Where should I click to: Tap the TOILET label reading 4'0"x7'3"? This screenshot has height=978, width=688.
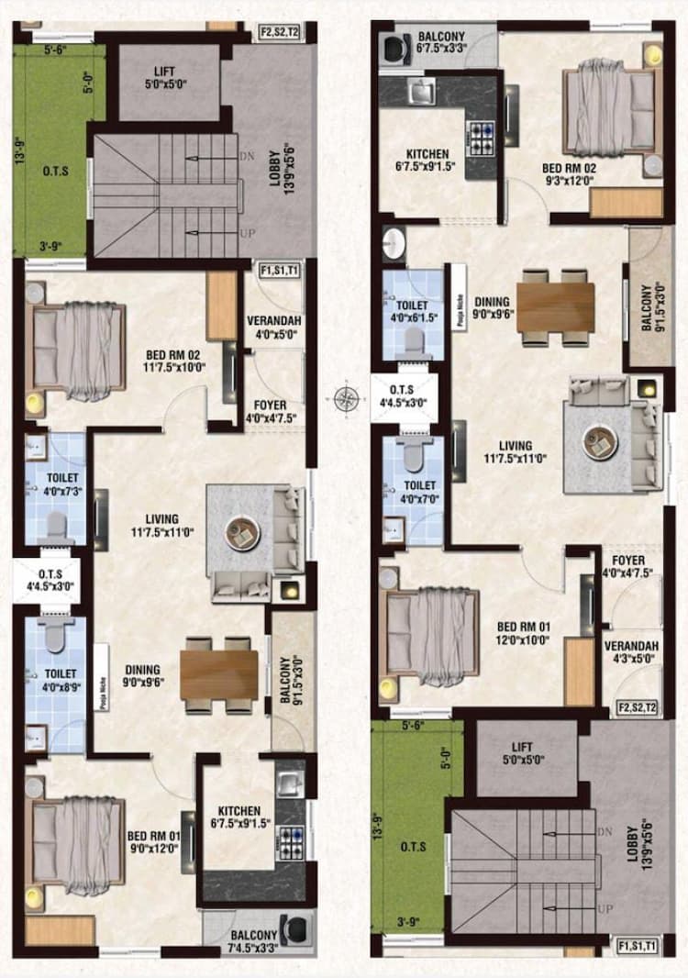point(55,484)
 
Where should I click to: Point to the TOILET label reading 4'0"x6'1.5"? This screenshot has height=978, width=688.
point(412,310)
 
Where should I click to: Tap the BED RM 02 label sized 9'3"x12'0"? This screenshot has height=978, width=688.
point(569,175)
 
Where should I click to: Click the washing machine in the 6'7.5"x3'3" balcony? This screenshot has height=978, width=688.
point(397,48)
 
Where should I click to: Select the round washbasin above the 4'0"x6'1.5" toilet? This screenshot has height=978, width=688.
point(395,245)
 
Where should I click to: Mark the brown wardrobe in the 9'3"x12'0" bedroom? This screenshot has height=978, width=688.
point(626,203)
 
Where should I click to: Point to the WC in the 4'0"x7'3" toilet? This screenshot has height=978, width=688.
point(56,523)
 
